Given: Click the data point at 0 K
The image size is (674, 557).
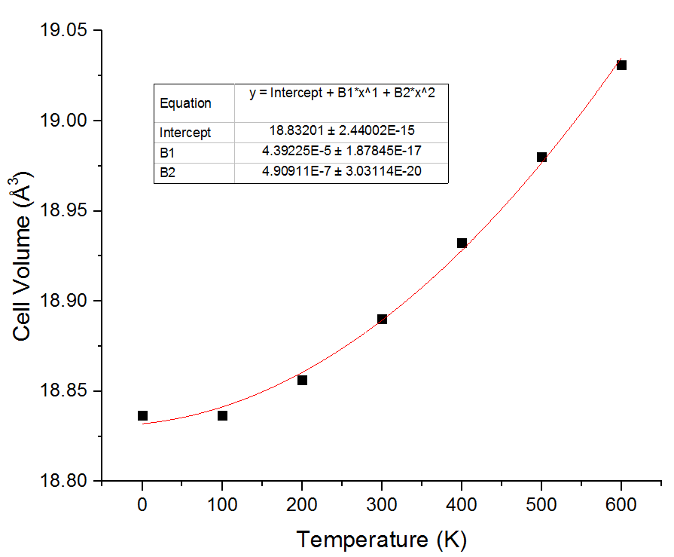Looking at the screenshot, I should pos(142,415).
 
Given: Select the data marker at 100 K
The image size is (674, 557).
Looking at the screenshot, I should pos(222,415).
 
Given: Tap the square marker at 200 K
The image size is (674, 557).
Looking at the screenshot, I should pos(302,380).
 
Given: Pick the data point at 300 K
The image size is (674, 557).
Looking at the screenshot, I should pos(382,319).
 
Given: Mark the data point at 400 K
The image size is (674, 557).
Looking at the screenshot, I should pos(462,243).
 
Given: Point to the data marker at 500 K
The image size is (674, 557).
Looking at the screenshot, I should pos(541,157).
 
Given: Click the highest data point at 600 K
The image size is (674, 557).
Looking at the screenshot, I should pos(621,65).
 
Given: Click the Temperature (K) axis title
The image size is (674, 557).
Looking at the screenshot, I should pos(381,540).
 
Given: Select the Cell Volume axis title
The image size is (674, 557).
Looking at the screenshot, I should pos(23,256).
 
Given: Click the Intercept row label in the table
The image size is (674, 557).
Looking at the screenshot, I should pos(185,133).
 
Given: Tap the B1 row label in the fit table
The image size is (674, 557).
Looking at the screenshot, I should pos(167,152).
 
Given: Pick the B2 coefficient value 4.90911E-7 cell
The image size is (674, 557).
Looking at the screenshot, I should pos(341,172).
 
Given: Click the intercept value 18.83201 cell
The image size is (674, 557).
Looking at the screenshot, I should pos(341,131).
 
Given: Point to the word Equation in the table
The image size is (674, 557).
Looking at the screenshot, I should pos(185,103).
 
